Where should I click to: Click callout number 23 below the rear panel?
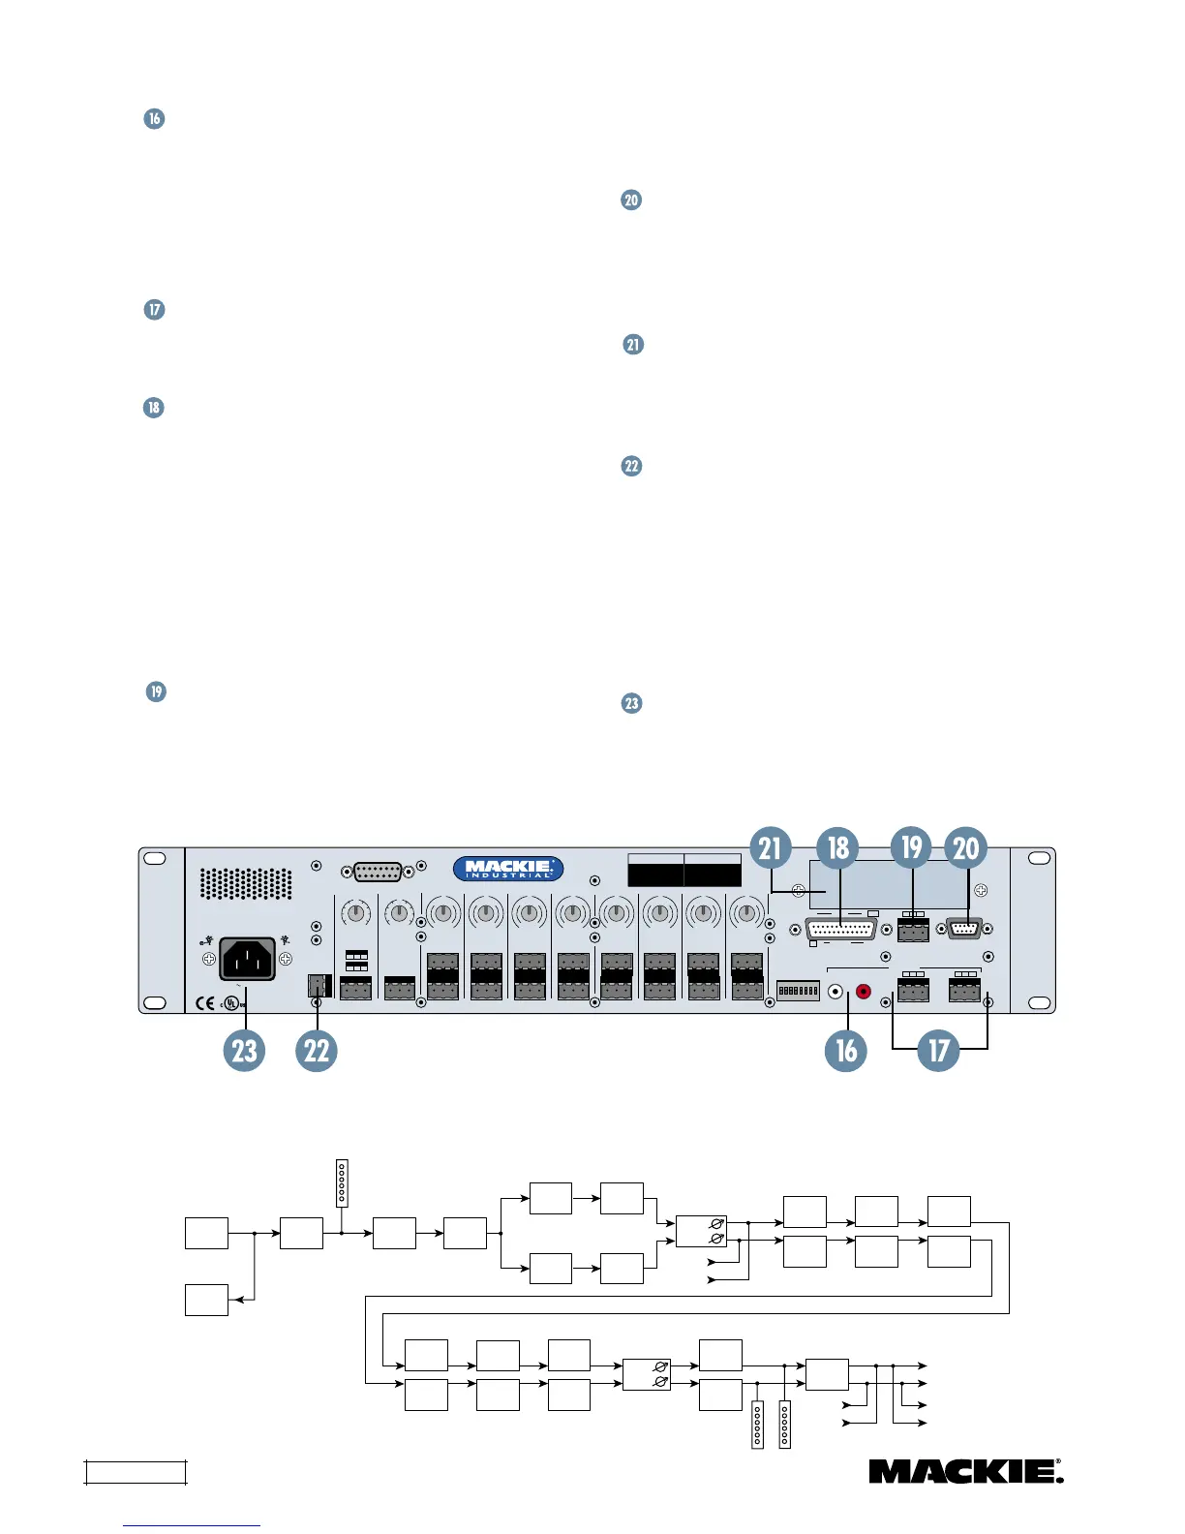[x=244, y=1050]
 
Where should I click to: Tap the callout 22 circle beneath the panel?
[x=317, y=1050]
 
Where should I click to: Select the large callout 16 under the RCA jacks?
[x=846, y=1050]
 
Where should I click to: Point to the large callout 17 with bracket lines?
[x=938, y=1050]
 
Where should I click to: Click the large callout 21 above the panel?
[x=770, y=848]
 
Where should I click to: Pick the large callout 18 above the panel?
[x=838, y=848]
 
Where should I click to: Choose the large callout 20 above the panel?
[x=966, y=848]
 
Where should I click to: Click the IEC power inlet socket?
[x=247, y=959]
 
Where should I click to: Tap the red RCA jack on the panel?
[x=863, y=992]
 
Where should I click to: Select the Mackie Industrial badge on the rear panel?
[x=508, y=869]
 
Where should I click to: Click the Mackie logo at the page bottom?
[x=965, y=1472]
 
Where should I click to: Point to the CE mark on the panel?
[x=204, y=1003]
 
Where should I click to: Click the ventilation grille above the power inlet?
[x=246, y=883]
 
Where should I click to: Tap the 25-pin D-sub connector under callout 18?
[x=840, y=931]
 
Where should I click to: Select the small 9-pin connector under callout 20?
[x=963, y=930]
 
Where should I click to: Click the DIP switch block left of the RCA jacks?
[x=799, y=991]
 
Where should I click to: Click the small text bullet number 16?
[x=154, y=119]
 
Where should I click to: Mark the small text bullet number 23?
[x=631, y=703]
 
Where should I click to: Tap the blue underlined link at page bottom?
[x=192, y=1524]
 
